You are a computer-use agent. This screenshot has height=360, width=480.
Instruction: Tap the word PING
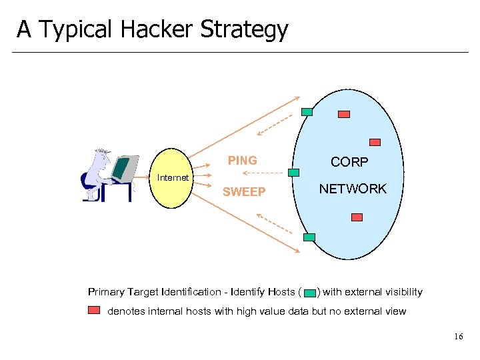(242, 161)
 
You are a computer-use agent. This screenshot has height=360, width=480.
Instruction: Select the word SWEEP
(244, 192)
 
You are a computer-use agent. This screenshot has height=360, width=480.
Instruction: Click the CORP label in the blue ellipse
(350, 163)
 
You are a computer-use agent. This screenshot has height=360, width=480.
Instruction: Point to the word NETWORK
(353, 189)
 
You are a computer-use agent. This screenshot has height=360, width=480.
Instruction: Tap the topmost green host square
(307, 112)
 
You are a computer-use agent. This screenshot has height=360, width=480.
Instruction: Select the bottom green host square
(309, 237)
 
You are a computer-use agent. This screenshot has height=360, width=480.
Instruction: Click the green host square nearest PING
(293, 172)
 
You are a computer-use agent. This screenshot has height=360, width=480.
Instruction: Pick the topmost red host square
(344, 114)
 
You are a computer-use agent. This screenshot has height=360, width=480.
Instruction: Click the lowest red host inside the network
(357, 217)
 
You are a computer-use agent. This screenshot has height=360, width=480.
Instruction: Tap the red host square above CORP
(375, 142)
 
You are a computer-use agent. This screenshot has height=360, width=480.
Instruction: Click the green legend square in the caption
(309, 293)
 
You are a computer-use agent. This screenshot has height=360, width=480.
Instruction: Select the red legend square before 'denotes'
(94, 310)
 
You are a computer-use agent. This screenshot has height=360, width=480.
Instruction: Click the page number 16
(458, 337)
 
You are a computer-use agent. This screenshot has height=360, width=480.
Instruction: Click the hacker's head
(101, 159)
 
